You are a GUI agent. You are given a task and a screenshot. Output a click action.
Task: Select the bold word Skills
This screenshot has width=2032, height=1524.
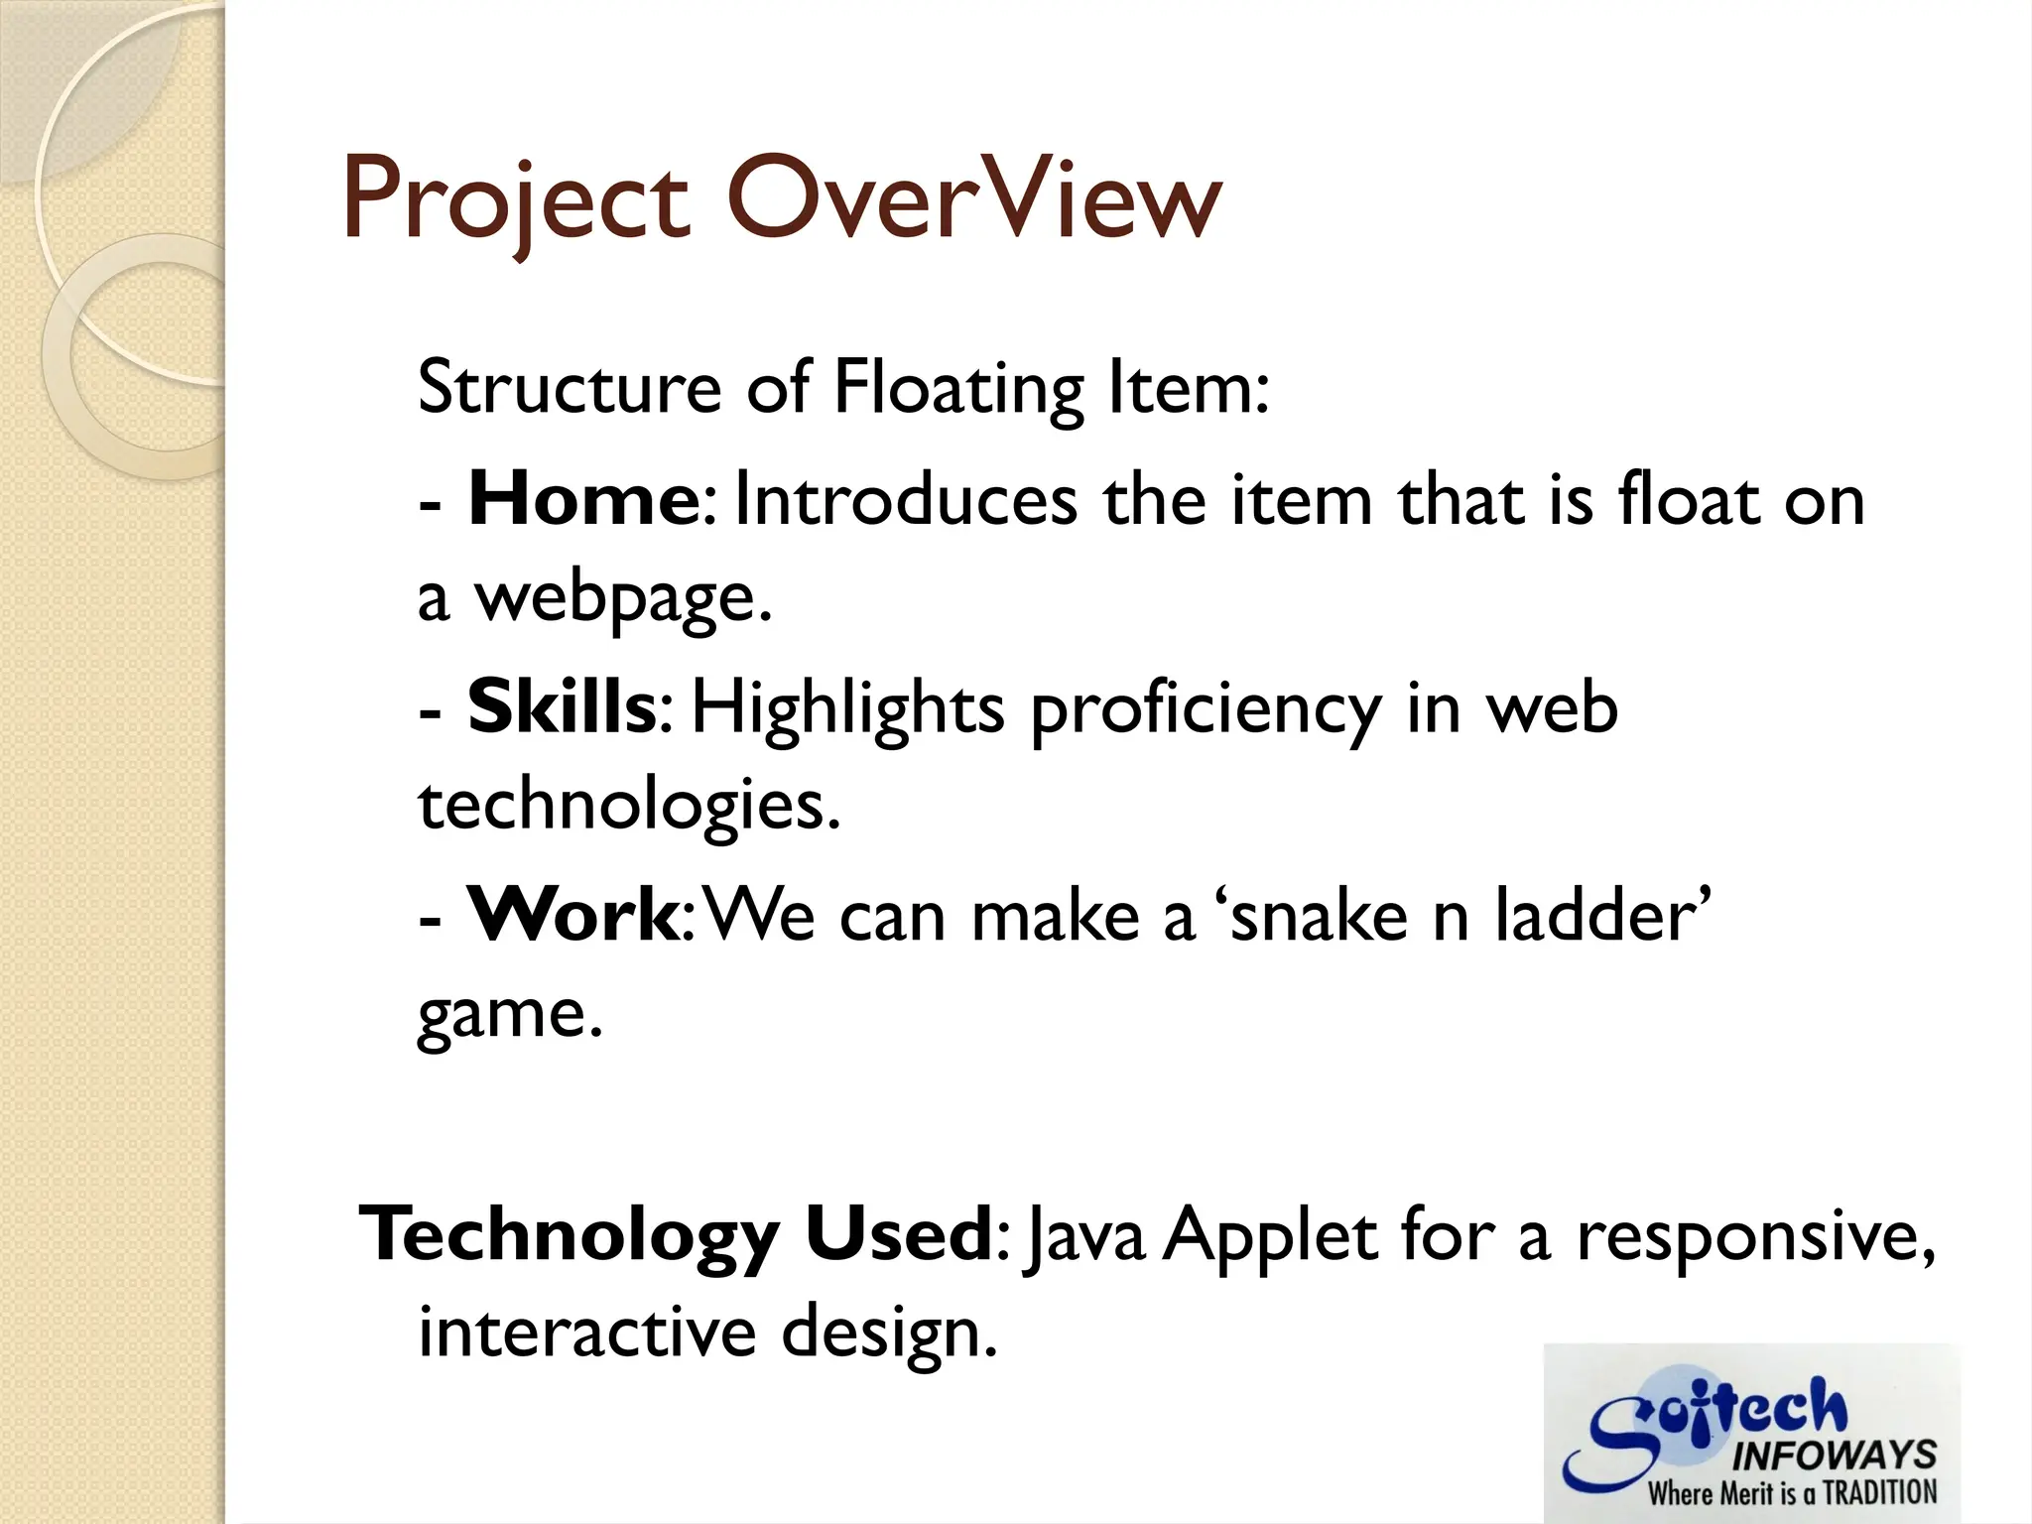(561, 707)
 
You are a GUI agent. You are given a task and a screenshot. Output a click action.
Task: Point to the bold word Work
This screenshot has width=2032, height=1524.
(572, 915)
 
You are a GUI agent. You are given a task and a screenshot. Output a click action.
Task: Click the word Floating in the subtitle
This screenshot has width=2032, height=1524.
(958, 389)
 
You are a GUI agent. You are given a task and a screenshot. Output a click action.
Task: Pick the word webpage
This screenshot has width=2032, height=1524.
(623, 598)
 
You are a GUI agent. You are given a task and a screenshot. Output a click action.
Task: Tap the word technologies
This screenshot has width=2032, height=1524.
(628, 806)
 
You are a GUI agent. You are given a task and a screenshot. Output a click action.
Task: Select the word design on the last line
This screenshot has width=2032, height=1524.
(887, 1333)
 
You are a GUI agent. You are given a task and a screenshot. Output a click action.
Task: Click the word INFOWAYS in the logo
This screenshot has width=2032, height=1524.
(1834, 1456)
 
